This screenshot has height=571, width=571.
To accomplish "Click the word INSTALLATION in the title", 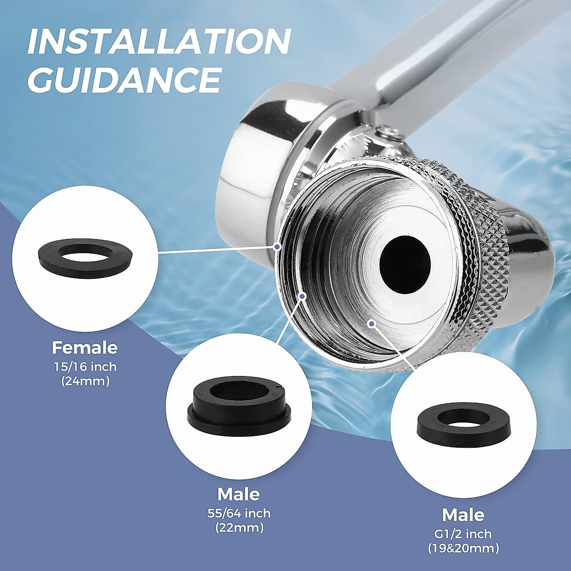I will click(159, 42).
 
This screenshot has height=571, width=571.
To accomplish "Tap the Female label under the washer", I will click(85, 347).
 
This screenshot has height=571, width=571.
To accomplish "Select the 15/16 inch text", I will click(85, 367).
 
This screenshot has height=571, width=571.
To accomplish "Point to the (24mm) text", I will click(85, 381).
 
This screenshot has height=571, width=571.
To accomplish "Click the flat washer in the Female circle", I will click(85, 257).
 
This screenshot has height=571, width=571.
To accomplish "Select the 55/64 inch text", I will click(239, 513).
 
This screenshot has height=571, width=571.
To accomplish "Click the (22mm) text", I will click(239, 527).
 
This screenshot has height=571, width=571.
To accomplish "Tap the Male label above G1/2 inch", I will click(463, 515).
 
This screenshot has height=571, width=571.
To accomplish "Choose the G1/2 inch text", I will click(463, 534).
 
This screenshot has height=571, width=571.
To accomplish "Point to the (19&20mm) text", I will click(463, 548).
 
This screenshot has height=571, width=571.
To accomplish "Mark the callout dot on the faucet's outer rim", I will click(277, 246).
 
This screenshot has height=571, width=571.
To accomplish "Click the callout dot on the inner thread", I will click(302, 296).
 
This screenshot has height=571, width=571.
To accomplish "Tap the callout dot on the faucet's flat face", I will click(372, 324).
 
